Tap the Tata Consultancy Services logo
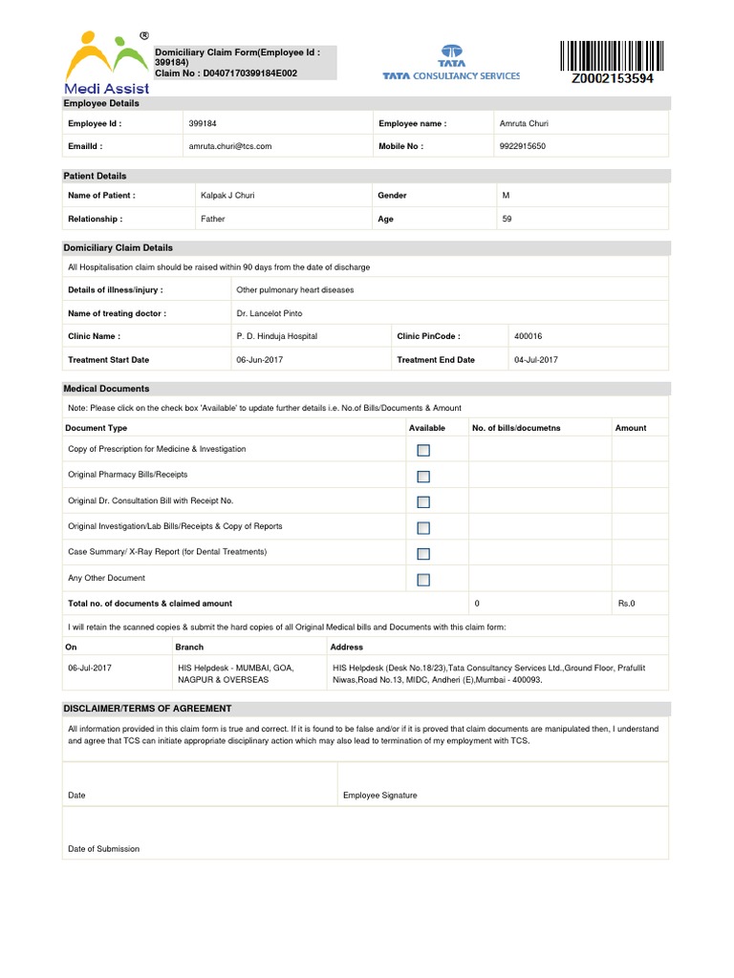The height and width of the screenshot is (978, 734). coord(451,63)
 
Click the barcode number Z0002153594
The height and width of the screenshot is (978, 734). coord(613,79)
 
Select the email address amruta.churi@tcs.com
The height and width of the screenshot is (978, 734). coord(230,146)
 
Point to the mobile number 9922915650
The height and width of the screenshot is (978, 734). coord(523,146)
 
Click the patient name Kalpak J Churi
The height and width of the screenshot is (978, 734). coord(227,195)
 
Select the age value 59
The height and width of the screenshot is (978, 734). coord(507,218)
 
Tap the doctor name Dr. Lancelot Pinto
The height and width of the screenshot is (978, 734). coord(269,313)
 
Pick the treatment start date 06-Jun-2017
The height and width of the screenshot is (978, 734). coord(260,360)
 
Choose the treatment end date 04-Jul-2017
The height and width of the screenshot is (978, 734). coord(536,360)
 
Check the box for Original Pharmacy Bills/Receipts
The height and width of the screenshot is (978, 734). coord(423,477)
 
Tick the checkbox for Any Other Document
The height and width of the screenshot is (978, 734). coord(423,580)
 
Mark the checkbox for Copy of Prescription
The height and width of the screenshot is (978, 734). coord(423,451)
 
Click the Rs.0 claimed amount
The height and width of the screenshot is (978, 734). coord(626,604)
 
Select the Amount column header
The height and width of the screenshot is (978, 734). coord(631,428)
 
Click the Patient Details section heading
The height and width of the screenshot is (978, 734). coord(95,176)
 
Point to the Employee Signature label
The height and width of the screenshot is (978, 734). coord(379,795)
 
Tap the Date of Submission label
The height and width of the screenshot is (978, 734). coord(103,848)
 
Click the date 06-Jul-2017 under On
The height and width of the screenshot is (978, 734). coord(90,668)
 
